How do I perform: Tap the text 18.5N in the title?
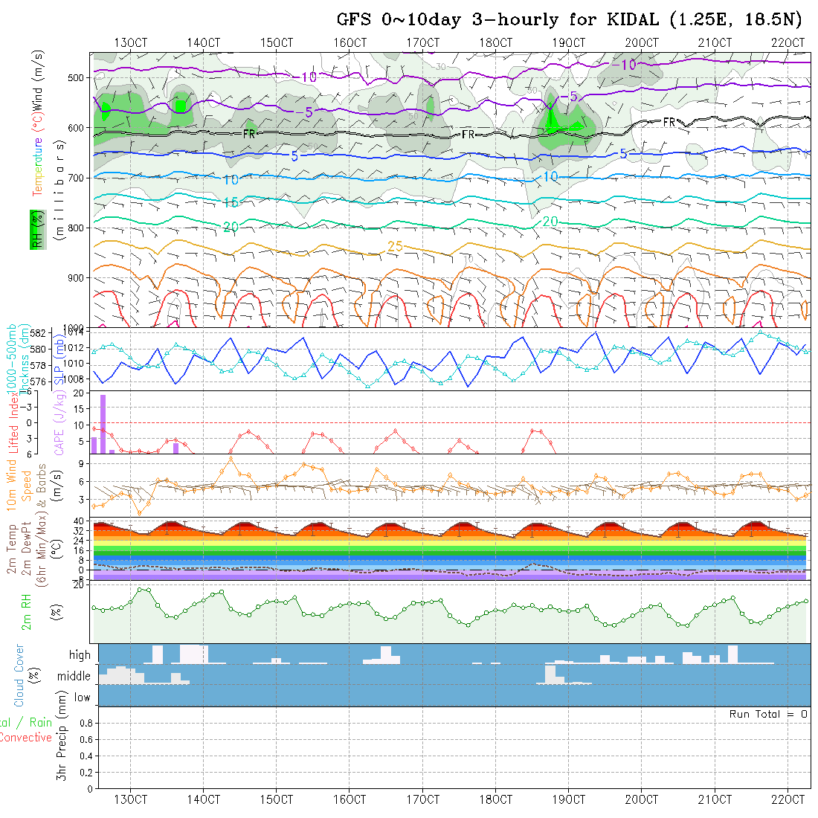764,20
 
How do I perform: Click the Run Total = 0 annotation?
768,714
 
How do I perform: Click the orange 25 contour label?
396,246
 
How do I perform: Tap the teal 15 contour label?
231,203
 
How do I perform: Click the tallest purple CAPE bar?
103,424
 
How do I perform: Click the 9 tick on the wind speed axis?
79,464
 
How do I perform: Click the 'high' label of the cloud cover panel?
80,655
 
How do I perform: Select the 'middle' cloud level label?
74,677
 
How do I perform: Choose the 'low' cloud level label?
82,698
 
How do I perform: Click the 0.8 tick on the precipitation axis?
85,723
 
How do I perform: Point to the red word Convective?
26,738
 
